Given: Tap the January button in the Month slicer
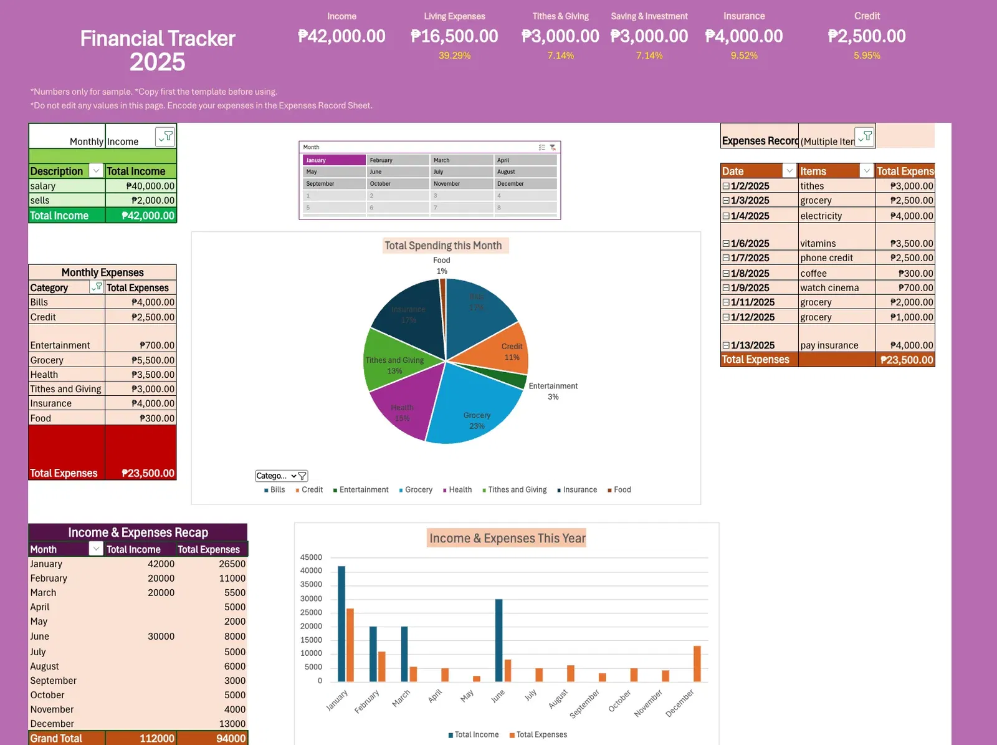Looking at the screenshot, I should (335, 160).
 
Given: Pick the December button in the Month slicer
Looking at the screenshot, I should (525, 184).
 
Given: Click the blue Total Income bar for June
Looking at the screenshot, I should (499, 641).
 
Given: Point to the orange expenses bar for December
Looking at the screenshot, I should (697, 664).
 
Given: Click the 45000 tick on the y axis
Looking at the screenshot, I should (311, 557).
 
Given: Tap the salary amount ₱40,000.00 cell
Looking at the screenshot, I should (141, 186).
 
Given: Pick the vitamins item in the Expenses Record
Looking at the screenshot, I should (818, 244).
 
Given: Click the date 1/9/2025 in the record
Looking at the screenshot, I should (750, 288).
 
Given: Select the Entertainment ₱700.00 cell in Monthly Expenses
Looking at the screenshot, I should (141, 345).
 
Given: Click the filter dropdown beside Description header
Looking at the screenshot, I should (96, 171).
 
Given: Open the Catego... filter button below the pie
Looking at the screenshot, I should (282, 476).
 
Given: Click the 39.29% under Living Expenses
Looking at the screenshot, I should (454, 55).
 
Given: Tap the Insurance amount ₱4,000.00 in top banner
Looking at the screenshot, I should (743, 36).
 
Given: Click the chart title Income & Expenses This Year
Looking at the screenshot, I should (507, 538).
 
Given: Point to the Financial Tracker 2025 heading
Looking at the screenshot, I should (158, 50).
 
